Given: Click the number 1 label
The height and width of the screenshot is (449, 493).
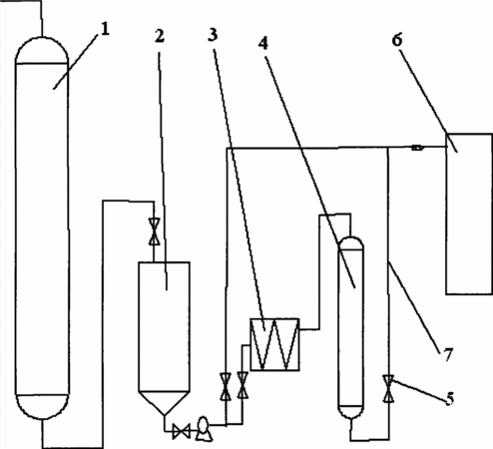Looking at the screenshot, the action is click(105, 29).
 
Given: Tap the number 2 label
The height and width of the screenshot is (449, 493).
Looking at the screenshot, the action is click(160, 36).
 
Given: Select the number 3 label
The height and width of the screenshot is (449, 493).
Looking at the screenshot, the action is click(213, 34).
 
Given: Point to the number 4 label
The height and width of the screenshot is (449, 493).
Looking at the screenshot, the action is click(263, 43).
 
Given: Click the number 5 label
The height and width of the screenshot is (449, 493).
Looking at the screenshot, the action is click(449, 398).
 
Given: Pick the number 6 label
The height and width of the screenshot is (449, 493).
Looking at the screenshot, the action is click(397, 40).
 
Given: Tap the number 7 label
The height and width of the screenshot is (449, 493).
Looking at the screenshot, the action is click(448, 354).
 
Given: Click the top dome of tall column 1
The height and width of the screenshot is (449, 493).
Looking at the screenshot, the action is click(42, 50).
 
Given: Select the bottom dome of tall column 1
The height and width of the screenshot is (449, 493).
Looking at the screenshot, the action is click(42, 406).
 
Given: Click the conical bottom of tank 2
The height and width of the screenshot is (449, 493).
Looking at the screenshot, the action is click(164, 402).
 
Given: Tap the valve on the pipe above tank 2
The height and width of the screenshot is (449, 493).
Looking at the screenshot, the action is click(154, 231).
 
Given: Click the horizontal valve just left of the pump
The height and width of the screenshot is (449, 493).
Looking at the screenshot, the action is click(182, 431).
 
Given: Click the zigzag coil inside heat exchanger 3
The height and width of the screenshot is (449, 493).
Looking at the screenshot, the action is click(274, 344).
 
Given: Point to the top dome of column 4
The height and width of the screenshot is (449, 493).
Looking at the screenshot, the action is click(350, 242).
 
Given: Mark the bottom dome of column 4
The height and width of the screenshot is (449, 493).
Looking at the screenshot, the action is click(350, 412).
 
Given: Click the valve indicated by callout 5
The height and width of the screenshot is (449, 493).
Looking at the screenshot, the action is click(388, 389).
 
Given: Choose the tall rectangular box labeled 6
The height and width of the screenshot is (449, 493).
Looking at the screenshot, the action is click(469, 214).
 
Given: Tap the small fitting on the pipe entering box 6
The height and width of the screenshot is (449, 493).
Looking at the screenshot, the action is click(417, 148).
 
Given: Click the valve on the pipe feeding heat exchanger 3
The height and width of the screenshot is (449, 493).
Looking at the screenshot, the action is click(243, 385).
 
